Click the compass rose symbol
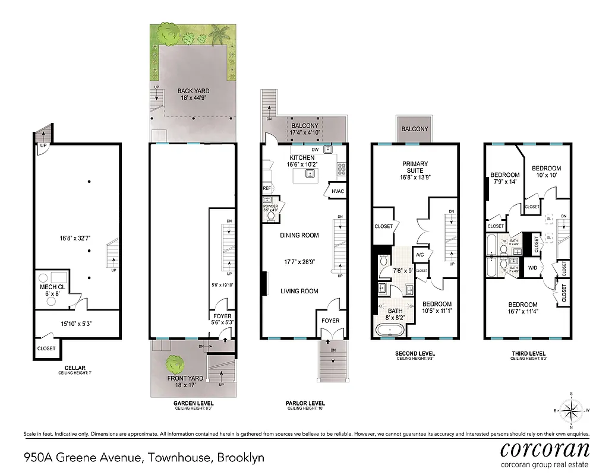(x=571, y=410)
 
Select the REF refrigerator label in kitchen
(x=267, y=189)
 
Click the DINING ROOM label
(x=299, y=235)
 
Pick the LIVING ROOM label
(x=299, y=291)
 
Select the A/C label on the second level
(x=420, y=255)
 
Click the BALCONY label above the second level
(x=414, y=129)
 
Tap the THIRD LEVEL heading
(x=528, y=353)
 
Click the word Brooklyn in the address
(x=241, y=458)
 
